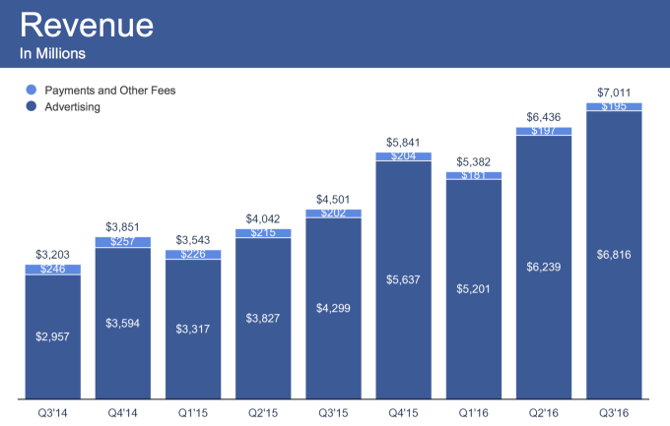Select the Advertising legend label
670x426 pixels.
(x=73, y=106)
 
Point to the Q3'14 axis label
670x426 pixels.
(x=53, y=414)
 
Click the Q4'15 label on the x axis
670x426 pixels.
(x=403, y=414)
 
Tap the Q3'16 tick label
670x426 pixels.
(x=614, y=414)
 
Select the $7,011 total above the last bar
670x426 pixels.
(x=614, y=92)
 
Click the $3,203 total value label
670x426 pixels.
(x=53, y=256)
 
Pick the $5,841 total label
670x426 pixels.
(x=403, y=142)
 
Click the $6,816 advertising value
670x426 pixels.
(x=614, y=256)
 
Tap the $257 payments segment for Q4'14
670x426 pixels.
(x=123, y=242)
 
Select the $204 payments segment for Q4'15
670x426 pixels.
(x=403, y=155)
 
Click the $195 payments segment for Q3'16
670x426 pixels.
(x=614, y=106)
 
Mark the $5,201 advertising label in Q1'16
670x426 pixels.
(x=474, y=288)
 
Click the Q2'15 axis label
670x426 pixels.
(x=263, y=414)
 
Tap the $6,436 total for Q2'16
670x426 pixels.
(x=544, y=117)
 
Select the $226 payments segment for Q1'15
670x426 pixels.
(x=193, y=255)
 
